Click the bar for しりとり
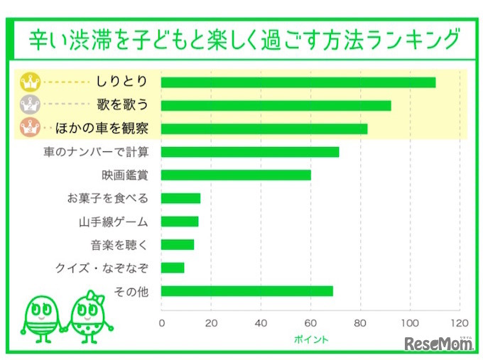(x=298, y=82)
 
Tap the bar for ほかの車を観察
(x=264, y=129)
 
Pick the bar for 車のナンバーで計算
(x=250, y=152)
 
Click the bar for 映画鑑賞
(x=236, y=175)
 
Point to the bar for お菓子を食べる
(x=181, y=198)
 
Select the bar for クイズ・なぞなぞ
(x=173, y=268)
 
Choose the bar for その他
(x=247, y=291)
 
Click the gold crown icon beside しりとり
(x=30, y=82)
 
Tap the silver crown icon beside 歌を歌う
(x=30, y=106)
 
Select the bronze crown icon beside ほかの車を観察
(x=30, y=129)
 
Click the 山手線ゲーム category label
(x=114, y=222)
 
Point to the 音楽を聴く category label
(x=119, y=245)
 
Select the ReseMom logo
(x=439, y=344)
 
